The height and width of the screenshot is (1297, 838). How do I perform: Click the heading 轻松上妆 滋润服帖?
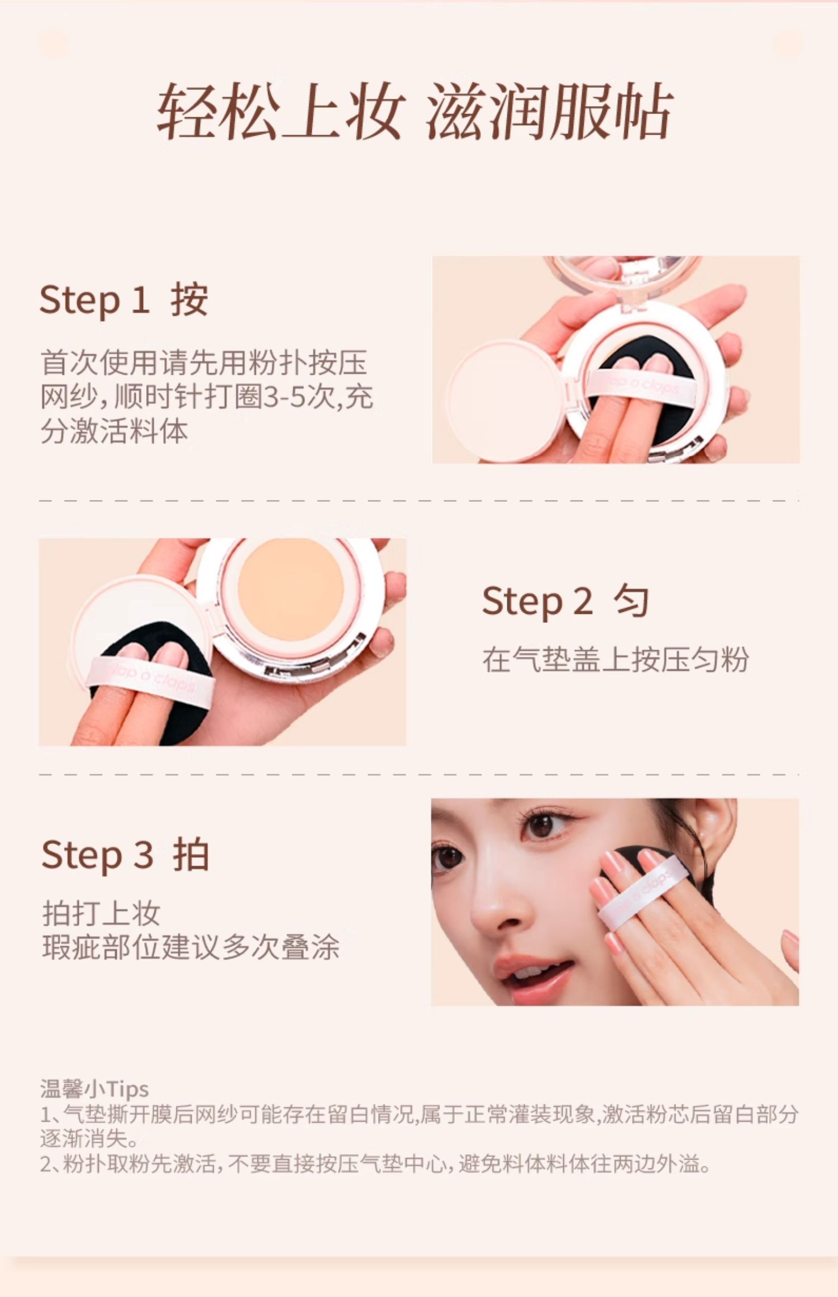click(415, 111)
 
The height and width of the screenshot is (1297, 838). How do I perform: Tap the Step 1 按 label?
click(124, 300)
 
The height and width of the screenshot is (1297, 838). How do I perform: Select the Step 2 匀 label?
click(565, 601)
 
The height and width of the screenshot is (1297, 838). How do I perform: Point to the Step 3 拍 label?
click(125, 855)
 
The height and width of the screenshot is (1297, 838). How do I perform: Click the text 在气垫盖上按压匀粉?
click(616, 659)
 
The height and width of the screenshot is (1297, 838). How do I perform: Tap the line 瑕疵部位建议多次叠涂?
click(191, 947)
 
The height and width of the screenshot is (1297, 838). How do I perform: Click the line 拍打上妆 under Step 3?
click(102, 913)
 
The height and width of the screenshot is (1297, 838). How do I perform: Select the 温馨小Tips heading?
click(94, 1089)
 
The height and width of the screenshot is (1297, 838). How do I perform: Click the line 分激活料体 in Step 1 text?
click(114, 431)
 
